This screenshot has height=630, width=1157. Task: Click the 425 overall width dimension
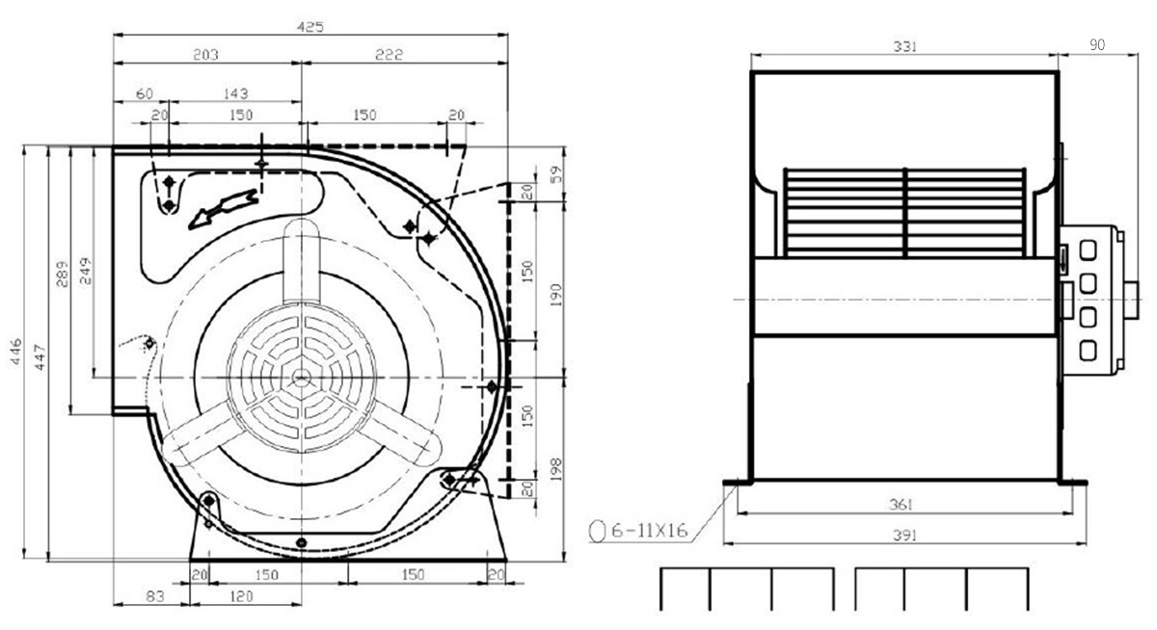(x=310, y=27)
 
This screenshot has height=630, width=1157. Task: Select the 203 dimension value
(x=205, y=55)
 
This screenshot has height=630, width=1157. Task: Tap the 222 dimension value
(x=389, y=55)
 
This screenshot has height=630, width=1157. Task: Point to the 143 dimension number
(x=235, y=93)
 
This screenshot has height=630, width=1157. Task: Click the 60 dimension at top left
(x=145, y=93)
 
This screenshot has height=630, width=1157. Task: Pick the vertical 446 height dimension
(x=16, y=352)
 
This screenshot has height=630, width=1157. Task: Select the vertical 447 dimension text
(x=40, y=357)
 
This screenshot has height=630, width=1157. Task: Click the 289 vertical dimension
(x=62, y=274)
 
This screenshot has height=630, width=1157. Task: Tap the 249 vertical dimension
(x=85, y=271)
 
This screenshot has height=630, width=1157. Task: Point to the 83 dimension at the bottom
(x=155, y=596)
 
